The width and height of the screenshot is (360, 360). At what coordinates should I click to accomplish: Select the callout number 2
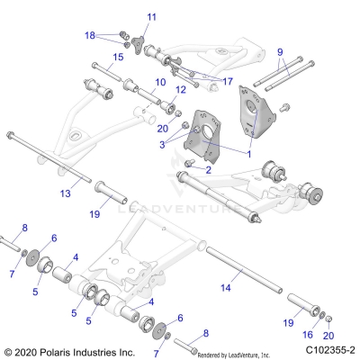pyautogui.click(x=208, y=169)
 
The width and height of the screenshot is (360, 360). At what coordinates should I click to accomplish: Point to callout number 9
pyautogui.click(x=280, y=50)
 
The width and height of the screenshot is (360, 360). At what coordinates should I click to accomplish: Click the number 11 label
pyautogui.click(x=151, y=17)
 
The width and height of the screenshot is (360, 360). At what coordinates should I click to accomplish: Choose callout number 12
pyautogui.click(x=180, y=89)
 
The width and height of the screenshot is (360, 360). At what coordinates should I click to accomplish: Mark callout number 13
pyautogui.click(x=66, y=193)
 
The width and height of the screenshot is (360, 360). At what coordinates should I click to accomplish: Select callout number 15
pyautogui.click(x=118, y=57)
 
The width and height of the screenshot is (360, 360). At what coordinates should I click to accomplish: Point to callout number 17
pyautogui.click(x=228, y=81)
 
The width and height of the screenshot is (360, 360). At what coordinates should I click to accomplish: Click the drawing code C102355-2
pyautogui.click(x=329, y=350)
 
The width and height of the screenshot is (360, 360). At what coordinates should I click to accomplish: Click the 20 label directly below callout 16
pyautogui.click(x=328, y=334)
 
